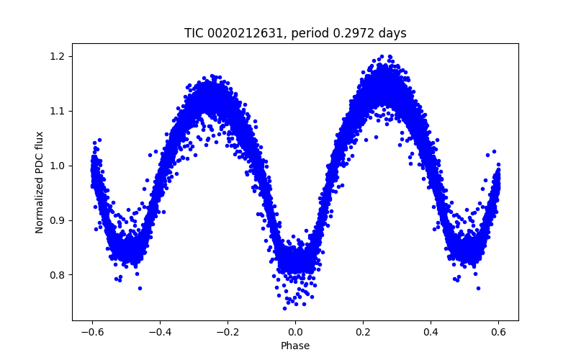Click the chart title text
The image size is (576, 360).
click(x=295, y=33)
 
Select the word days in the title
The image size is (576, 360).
click(x=392, y=33)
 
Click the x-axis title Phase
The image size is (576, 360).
click(x=295, y=346)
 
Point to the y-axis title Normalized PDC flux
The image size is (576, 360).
click(x=40, y=181)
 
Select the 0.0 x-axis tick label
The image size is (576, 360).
click(x=295, y=332)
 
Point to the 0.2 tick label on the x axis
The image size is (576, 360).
click(x=363, y=332)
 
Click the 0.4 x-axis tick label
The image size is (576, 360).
click(x=431, y=332)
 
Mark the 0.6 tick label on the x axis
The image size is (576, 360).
click(x=498, y=332)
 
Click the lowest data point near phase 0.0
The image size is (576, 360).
click(x=284, y=308)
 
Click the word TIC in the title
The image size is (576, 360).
click(x=194, y=33)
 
